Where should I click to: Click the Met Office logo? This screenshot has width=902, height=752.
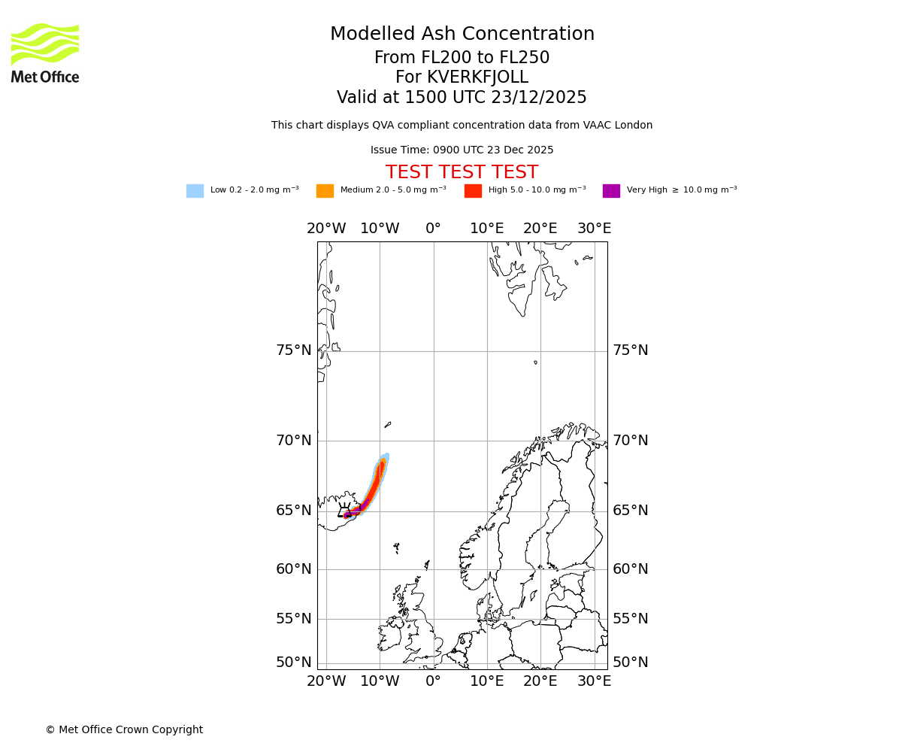point(45,53)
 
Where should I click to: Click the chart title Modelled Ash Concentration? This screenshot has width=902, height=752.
point(462,35)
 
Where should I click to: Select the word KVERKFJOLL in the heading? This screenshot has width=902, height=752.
point(477,77)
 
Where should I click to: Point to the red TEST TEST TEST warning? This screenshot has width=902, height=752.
point(462,173)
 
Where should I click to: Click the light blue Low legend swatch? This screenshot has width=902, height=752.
point(195,191)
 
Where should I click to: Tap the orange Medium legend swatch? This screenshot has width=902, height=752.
point(325,191)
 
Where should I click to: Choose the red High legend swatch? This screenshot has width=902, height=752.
point(473,191)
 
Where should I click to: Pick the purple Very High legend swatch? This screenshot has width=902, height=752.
point(611,191)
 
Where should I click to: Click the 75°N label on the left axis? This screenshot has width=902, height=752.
point(293,350)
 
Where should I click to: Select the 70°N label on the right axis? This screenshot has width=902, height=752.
point(630,441)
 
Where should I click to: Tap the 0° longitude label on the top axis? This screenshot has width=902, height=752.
point(433,229)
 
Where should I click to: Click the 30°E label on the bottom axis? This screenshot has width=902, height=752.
point(594,681)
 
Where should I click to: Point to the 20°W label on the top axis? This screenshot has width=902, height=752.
point(326,229)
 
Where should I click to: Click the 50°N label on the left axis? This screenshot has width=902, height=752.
point(293,663)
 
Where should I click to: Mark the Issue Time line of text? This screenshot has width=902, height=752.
point(462,150)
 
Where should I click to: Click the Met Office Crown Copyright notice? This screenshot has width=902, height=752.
point(124,730)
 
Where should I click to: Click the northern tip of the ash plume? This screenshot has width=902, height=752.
point(385,456)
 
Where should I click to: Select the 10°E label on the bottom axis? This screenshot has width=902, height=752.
point(487,681)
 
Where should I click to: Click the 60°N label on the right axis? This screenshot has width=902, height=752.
point(630,569)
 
